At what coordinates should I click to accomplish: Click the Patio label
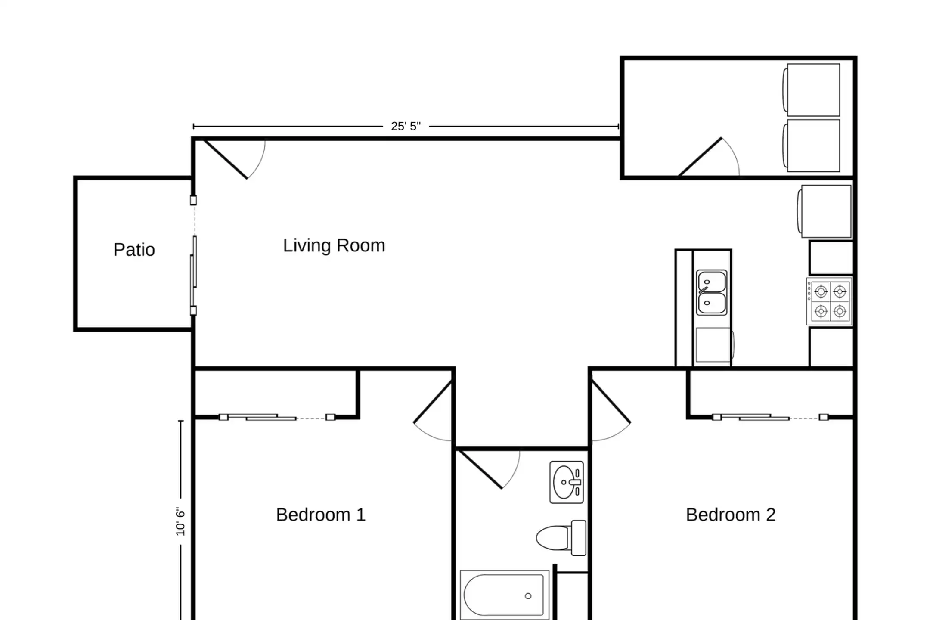[x=134, y=250]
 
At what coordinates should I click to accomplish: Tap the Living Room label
[x=334, y=246]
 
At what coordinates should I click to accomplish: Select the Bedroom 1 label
[x=321, y=515]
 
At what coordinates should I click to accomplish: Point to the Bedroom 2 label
[x=731, y=515]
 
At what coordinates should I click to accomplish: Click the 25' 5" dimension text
[x=406, y=126]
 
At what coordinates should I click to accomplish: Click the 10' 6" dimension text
[x=180, y=521]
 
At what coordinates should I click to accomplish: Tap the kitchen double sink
[x=712, y=293]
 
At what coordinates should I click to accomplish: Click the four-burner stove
[x=829, y=301]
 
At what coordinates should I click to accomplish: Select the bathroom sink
[x=567, y=482]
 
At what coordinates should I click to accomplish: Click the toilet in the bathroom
[x=561, y=538]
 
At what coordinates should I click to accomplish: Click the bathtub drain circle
[x=528, y=596]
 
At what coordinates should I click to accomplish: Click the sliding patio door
[x=194, y=255]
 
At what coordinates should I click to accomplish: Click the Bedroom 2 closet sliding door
[x=770, y=417]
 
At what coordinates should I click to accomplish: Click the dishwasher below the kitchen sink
[x=713, y=345]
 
